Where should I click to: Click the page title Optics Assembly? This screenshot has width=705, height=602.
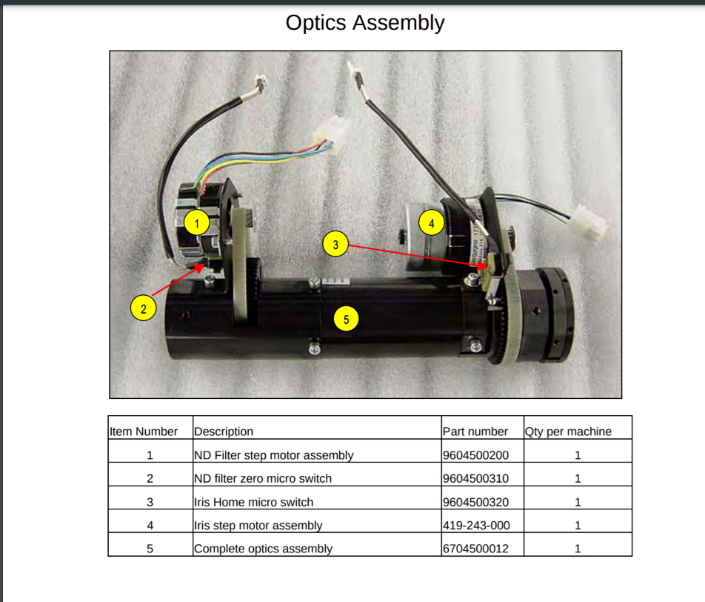click(x=365, y=23)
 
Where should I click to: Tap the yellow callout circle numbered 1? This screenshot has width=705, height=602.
click(x=196, y=222)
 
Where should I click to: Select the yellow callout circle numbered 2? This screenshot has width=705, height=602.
click(x=143, y=307)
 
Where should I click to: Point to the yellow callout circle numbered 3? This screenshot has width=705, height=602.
click(x=335, y=244)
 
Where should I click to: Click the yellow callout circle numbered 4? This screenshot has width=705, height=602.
click(x=431, y=221)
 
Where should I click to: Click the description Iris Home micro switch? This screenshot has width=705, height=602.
click(x=253, y=502)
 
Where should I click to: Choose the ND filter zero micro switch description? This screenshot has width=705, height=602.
click(x=262, y=479)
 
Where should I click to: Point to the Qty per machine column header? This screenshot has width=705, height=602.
click(x=568, y=431)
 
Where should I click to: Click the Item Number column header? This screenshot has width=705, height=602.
click(x=144, y=431)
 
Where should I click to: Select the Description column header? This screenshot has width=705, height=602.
click(x=224, y=431)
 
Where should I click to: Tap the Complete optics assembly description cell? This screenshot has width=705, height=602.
click(x=263, y=549)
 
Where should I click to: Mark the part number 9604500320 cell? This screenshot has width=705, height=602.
click(x=475, y=502)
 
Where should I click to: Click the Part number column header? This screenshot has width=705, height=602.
click(x=475, y=431)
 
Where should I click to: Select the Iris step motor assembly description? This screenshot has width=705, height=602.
click(x=258, y=526)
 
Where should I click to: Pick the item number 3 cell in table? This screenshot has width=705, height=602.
click(x=150, y=502)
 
